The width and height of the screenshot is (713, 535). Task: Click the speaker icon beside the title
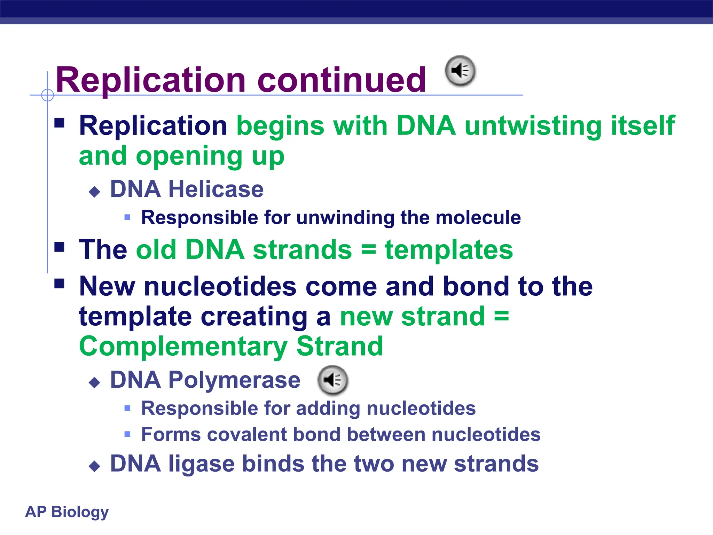(460, 71)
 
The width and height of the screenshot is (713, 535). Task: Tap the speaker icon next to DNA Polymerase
(332, 380)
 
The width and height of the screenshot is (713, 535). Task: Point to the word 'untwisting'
(533, 126)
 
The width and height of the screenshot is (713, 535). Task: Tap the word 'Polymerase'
(234, 380)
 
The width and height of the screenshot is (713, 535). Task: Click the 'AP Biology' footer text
(67, 512)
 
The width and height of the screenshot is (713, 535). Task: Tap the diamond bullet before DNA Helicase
(94, 192)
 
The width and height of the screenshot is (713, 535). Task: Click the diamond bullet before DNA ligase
(94, 466)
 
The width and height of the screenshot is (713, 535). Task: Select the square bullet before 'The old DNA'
(60, 247)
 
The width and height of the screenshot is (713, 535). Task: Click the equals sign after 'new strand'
(501, 316)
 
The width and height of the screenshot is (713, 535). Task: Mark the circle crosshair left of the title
(47, 95)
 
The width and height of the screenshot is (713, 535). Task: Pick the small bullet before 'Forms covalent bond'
(127, 434)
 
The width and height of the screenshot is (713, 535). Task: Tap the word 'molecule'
(478, 218)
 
